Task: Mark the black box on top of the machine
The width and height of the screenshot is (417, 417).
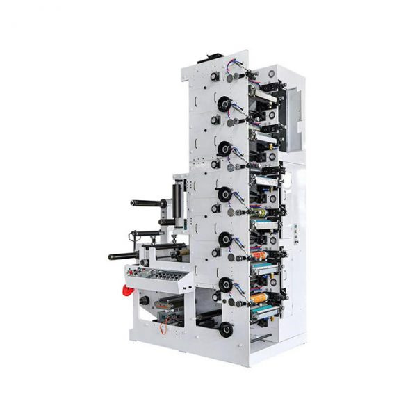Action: click(x=208, y=59)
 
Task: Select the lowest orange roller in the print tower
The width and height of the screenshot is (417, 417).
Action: click(x=259, y=300)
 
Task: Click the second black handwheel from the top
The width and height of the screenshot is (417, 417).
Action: click(x=224, y=148)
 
